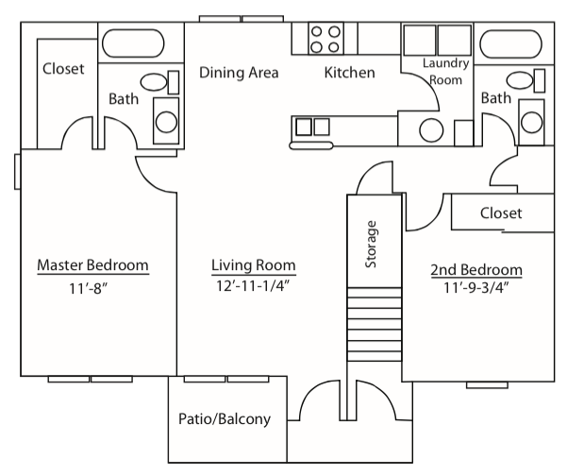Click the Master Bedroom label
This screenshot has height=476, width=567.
tap(92, 265)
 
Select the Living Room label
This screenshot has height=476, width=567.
tap(253, 265)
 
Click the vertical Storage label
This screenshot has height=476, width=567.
tap(372, 244)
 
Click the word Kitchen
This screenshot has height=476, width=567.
tap(350, 73)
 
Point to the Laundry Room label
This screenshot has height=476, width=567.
tap(442, 71)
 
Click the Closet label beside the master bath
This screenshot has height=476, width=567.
tap(63, 69)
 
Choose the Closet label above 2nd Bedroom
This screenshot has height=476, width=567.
tap(500, 213)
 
